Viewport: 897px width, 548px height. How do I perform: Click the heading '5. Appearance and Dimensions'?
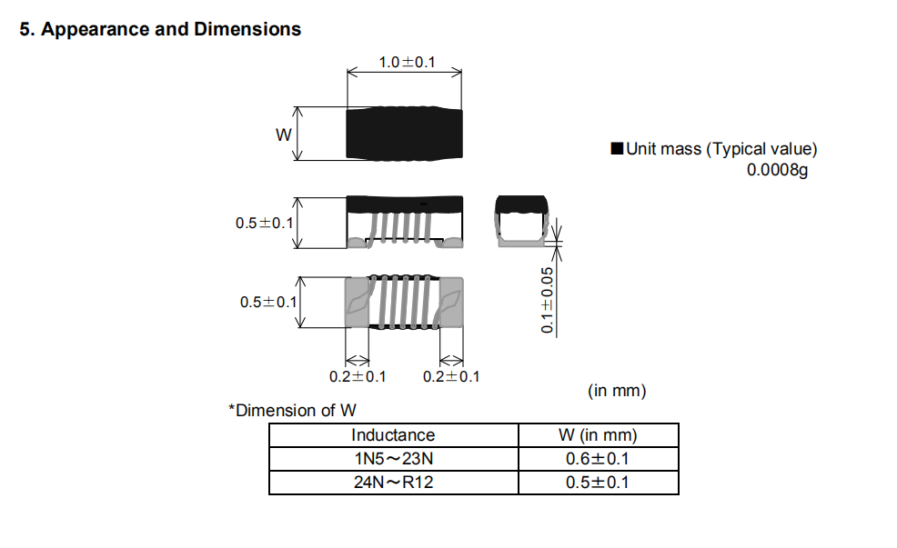160,29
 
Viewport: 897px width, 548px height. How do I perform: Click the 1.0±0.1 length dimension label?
407,63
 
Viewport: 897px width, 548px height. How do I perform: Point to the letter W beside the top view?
284,135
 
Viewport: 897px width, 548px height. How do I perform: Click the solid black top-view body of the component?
405,134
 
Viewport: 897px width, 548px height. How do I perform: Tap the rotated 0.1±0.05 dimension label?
548,300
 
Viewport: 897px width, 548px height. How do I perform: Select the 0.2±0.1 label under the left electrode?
358,376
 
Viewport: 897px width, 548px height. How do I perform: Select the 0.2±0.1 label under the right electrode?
451,376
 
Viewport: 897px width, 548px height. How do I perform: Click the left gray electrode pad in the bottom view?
357,303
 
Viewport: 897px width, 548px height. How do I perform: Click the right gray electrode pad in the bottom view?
451,303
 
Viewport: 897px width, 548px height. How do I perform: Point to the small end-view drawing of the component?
521,221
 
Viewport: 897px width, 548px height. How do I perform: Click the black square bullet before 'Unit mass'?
617,148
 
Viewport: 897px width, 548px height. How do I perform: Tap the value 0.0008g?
778,170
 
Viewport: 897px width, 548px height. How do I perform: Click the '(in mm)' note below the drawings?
617,391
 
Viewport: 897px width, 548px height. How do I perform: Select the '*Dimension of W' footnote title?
292,410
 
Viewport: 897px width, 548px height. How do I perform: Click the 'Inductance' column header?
393,435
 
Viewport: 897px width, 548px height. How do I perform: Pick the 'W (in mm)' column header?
598,435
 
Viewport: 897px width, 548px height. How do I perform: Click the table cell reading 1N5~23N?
394,459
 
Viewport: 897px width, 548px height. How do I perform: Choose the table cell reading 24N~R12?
394,483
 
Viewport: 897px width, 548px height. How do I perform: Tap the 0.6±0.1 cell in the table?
598,459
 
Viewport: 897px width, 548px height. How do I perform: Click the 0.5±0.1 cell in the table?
598,483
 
